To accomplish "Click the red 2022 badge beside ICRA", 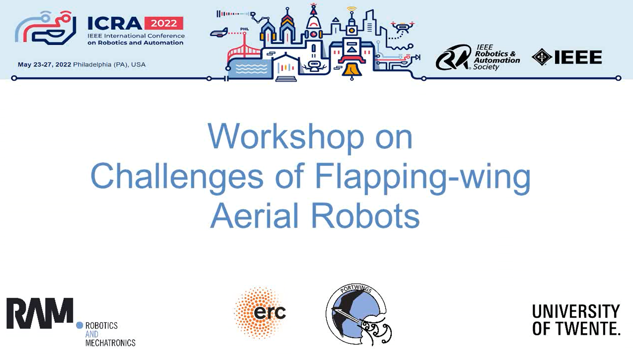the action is click(164, 23).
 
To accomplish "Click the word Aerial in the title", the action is click(254, 216).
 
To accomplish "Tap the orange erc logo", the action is click(260, 312).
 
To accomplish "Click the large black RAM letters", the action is click(40, 313).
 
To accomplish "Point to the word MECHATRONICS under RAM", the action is click(110, 343).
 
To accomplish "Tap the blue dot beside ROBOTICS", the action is click(79, 325).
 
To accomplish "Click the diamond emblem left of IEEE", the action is click(542, 57).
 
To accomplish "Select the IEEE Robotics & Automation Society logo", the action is click(478, 57).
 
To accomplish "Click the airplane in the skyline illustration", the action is click(219, 33).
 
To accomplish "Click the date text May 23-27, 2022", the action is click(44, 64).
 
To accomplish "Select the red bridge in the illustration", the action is click(244, 52).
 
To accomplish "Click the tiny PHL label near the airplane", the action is click(244, 29).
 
